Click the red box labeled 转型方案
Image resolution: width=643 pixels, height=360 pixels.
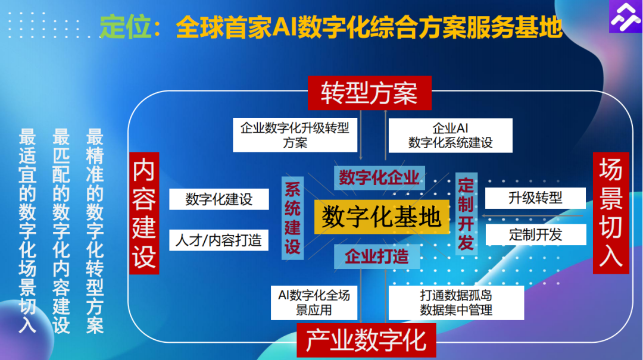coord(369,93)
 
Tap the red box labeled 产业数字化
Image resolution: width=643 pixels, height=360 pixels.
coord(366,340)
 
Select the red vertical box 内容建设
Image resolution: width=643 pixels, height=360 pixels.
coord(144,212)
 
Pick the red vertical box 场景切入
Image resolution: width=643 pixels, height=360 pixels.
coord(611,212)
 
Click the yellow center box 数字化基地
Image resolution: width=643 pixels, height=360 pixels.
coord(382,217)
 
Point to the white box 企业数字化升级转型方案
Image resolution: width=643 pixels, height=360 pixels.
coord(295,135)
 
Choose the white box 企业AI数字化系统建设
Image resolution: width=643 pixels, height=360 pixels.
coord(450,135)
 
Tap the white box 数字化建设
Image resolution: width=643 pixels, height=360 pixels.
coord(219,199)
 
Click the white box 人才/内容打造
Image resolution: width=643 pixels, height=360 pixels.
coord(219,240)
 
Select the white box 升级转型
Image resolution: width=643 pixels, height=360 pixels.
coord(535,198)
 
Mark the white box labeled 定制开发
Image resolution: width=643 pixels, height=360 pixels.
coord(535,234)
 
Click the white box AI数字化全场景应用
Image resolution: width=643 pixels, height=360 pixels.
coord(314,302)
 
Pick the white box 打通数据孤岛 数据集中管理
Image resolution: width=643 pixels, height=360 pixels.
coord(456,302)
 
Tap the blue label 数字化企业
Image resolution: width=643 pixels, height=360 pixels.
coord(379,177)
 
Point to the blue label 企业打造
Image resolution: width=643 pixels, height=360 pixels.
coord(377,256)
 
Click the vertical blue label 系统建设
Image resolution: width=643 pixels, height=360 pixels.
coord(292,218)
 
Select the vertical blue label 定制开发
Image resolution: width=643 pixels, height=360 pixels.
coord(466,214)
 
